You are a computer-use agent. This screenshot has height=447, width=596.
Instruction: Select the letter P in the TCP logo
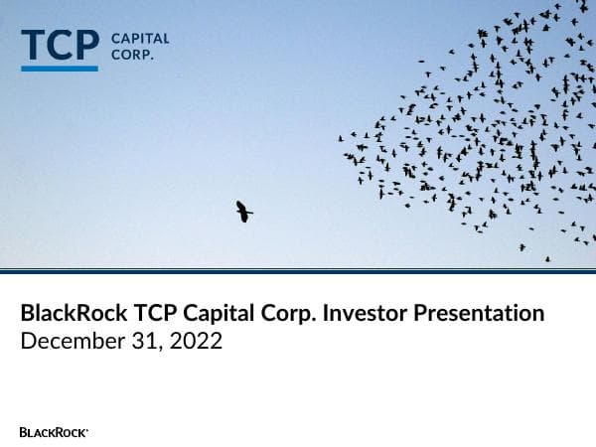click(86, 46)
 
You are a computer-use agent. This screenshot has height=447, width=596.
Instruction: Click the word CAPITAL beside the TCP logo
click(140, 39)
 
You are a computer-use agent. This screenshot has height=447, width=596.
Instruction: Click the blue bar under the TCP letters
click(60, 69)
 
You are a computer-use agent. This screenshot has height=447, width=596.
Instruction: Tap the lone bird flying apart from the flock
click(243, 211)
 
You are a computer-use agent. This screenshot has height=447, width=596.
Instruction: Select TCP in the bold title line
click(148, 314)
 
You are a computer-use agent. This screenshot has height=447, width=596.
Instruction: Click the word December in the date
click(67, 342)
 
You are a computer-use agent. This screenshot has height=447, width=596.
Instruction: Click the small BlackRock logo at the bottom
click(54, 432)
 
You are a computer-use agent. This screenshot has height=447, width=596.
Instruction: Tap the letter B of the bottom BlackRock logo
click(23, 432)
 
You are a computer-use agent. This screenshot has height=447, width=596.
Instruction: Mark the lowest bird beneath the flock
click(546, 259)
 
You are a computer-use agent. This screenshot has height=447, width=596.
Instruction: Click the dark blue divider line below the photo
click(298, 270)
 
